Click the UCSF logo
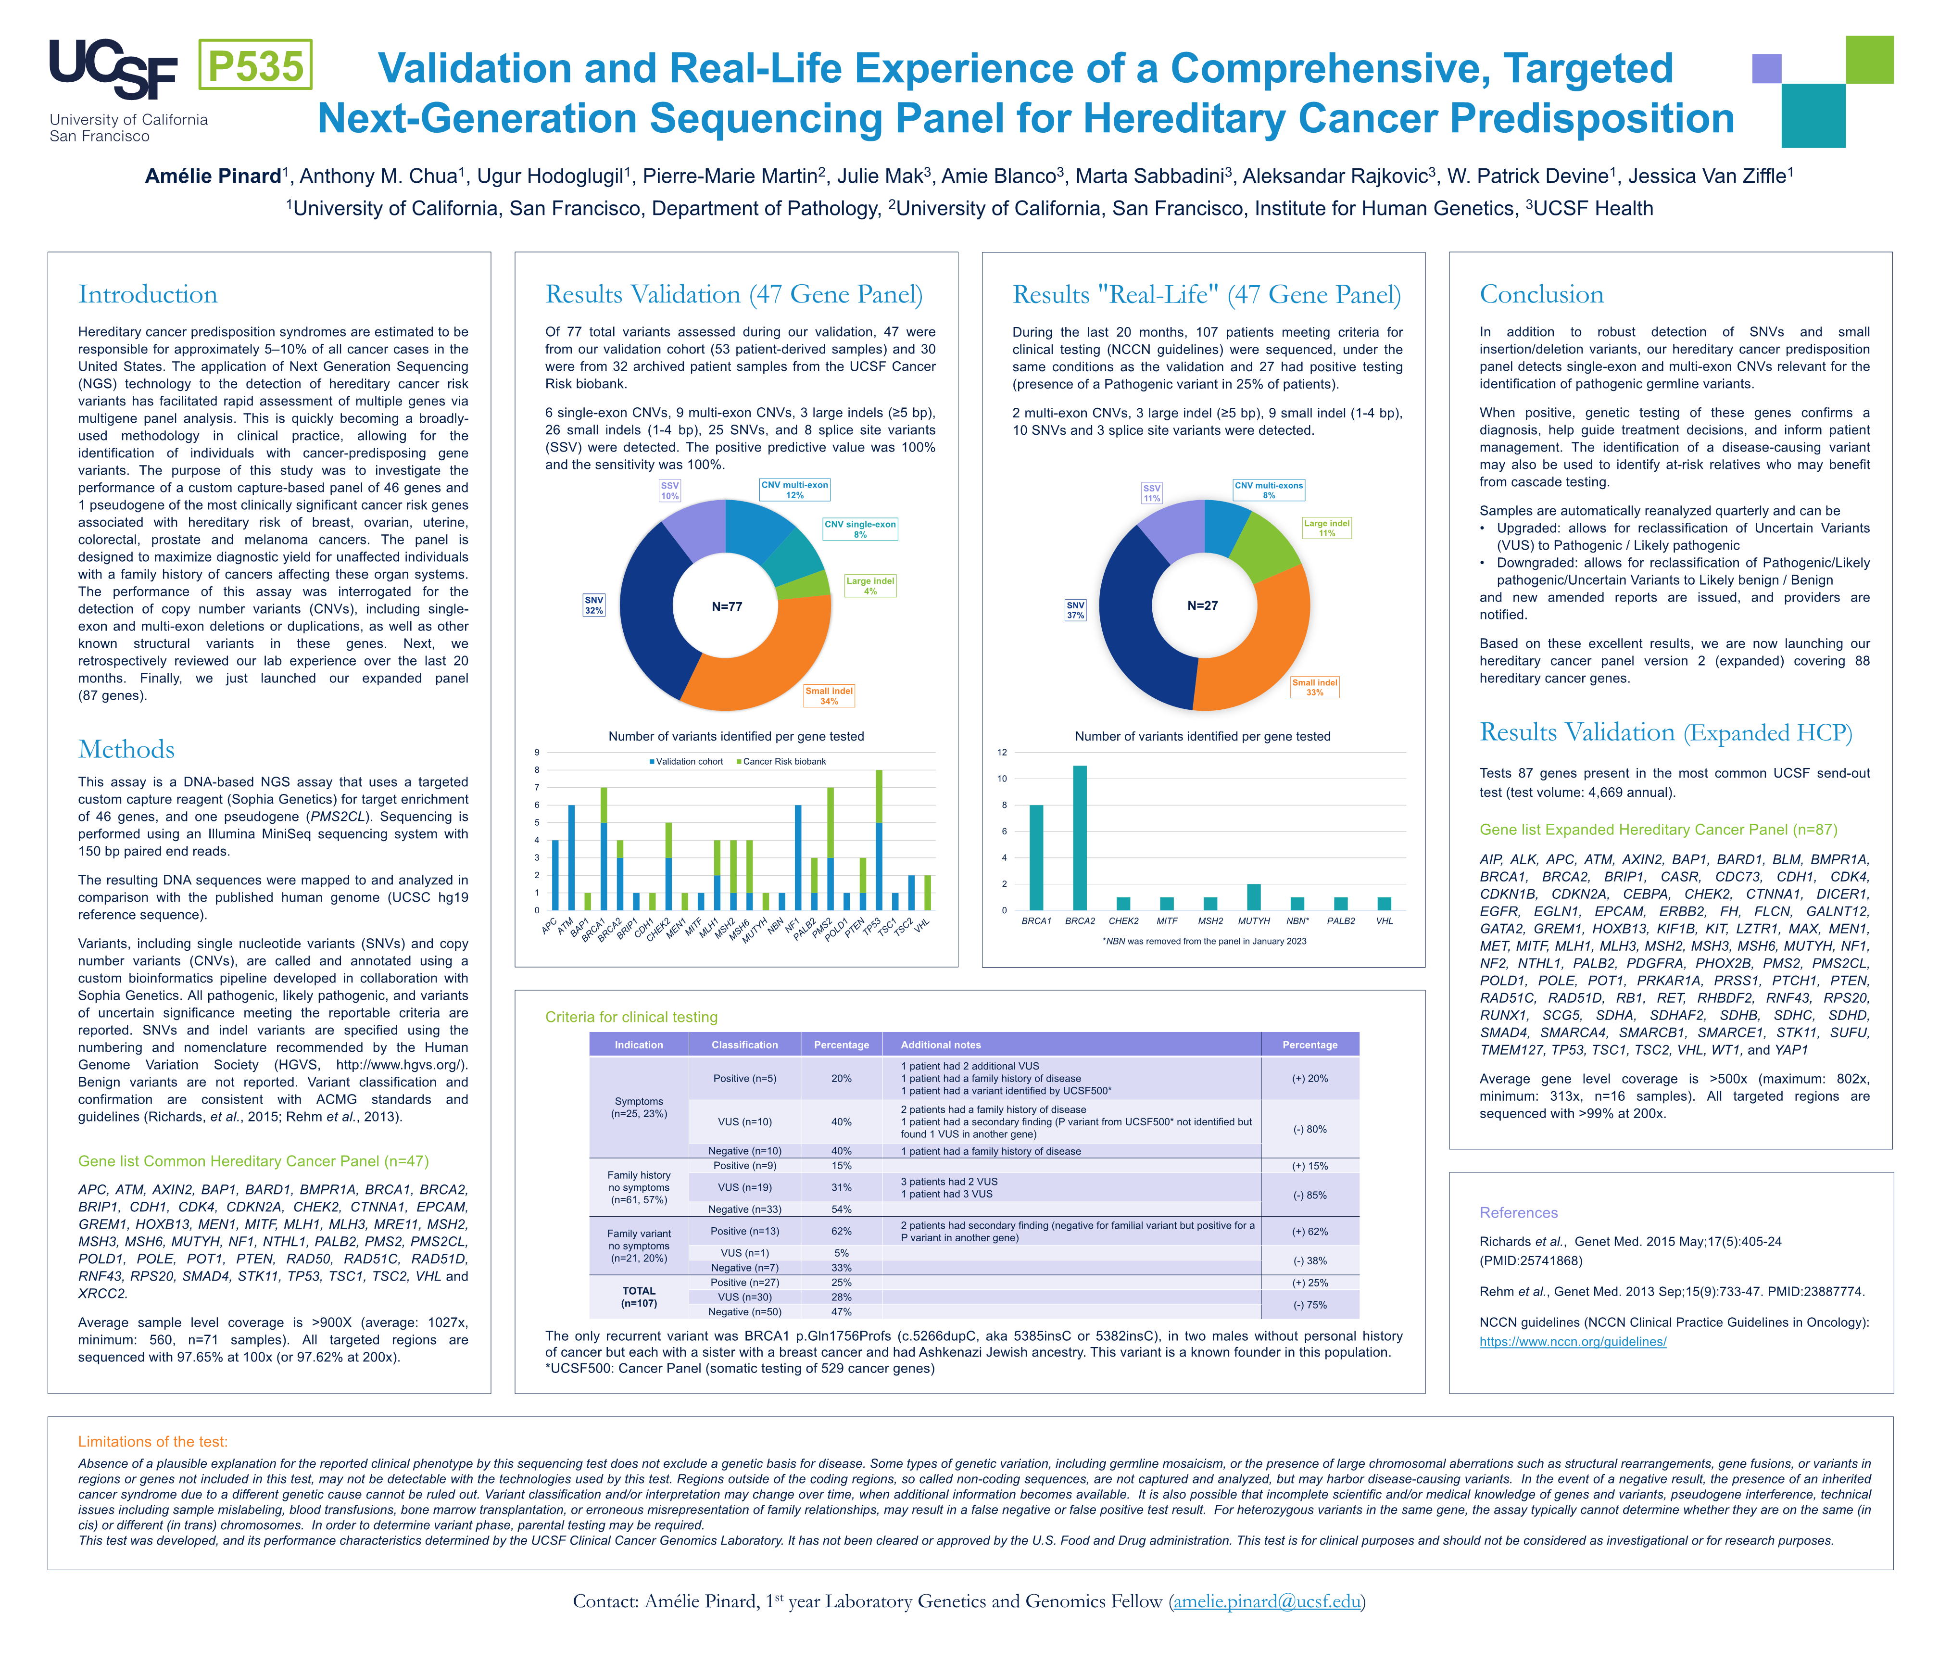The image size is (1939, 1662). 113,70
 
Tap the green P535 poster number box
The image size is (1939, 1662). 255,65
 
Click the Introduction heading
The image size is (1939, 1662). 148,295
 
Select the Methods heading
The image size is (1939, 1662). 126,750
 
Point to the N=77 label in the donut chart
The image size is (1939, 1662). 726,606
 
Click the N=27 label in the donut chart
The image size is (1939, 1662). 1203,605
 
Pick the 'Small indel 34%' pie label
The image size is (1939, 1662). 829,695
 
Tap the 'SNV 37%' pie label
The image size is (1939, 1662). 1075,610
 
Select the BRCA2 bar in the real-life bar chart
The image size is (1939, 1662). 1080,838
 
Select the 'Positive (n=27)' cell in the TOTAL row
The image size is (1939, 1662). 744,1282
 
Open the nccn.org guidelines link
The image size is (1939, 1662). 1572,1341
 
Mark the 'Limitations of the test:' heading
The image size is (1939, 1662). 152,1441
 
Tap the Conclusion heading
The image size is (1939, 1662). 1541,295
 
